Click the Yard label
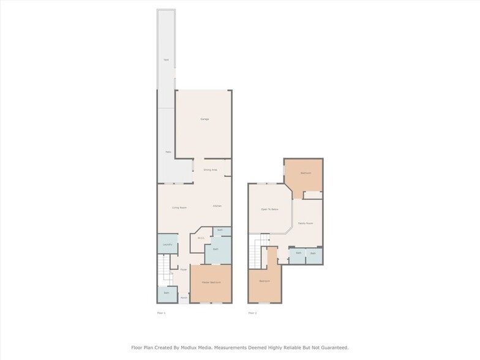tap(166, 59)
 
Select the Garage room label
tap(204, 119)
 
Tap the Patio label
tap(168, 152)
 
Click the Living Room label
tap(179, 208)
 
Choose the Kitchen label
tap(217, 206)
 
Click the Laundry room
tap(167, 245)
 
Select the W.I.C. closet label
tap(201, 238)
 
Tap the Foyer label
tap(183, 269)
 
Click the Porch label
tap(184, 298)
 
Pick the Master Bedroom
tap(211, 282)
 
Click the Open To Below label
tap(270, 209)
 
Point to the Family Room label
tap(306, 223)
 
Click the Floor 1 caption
tap(162, 313)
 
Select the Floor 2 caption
tap(252, 313)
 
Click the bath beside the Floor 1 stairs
tap(167, 293)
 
